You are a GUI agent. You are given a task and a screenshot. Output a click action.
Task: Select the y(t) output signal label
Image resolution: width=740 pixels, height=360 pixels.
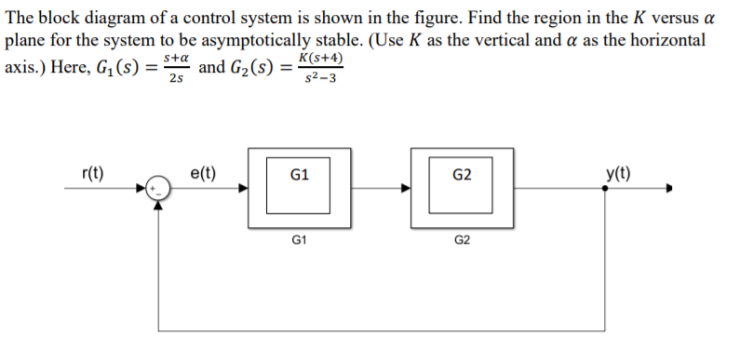coord(614,174)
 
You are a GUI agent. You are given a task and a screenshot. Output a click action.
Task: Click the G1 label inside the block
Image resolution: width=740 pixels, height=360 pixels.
coord(301,175)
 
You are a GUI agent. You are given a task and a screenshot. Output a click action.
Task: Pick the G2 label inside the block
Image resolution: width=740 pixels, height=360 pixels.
coord(463,175)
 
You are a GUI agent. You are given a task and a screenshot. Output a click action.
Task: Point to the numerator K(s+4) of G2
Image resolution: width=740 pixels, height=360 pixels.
coord(318,59)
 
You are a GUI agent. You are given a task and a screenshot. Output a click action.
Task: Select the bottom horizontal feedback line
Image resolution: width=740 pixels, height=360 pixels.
coord(383,331)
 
